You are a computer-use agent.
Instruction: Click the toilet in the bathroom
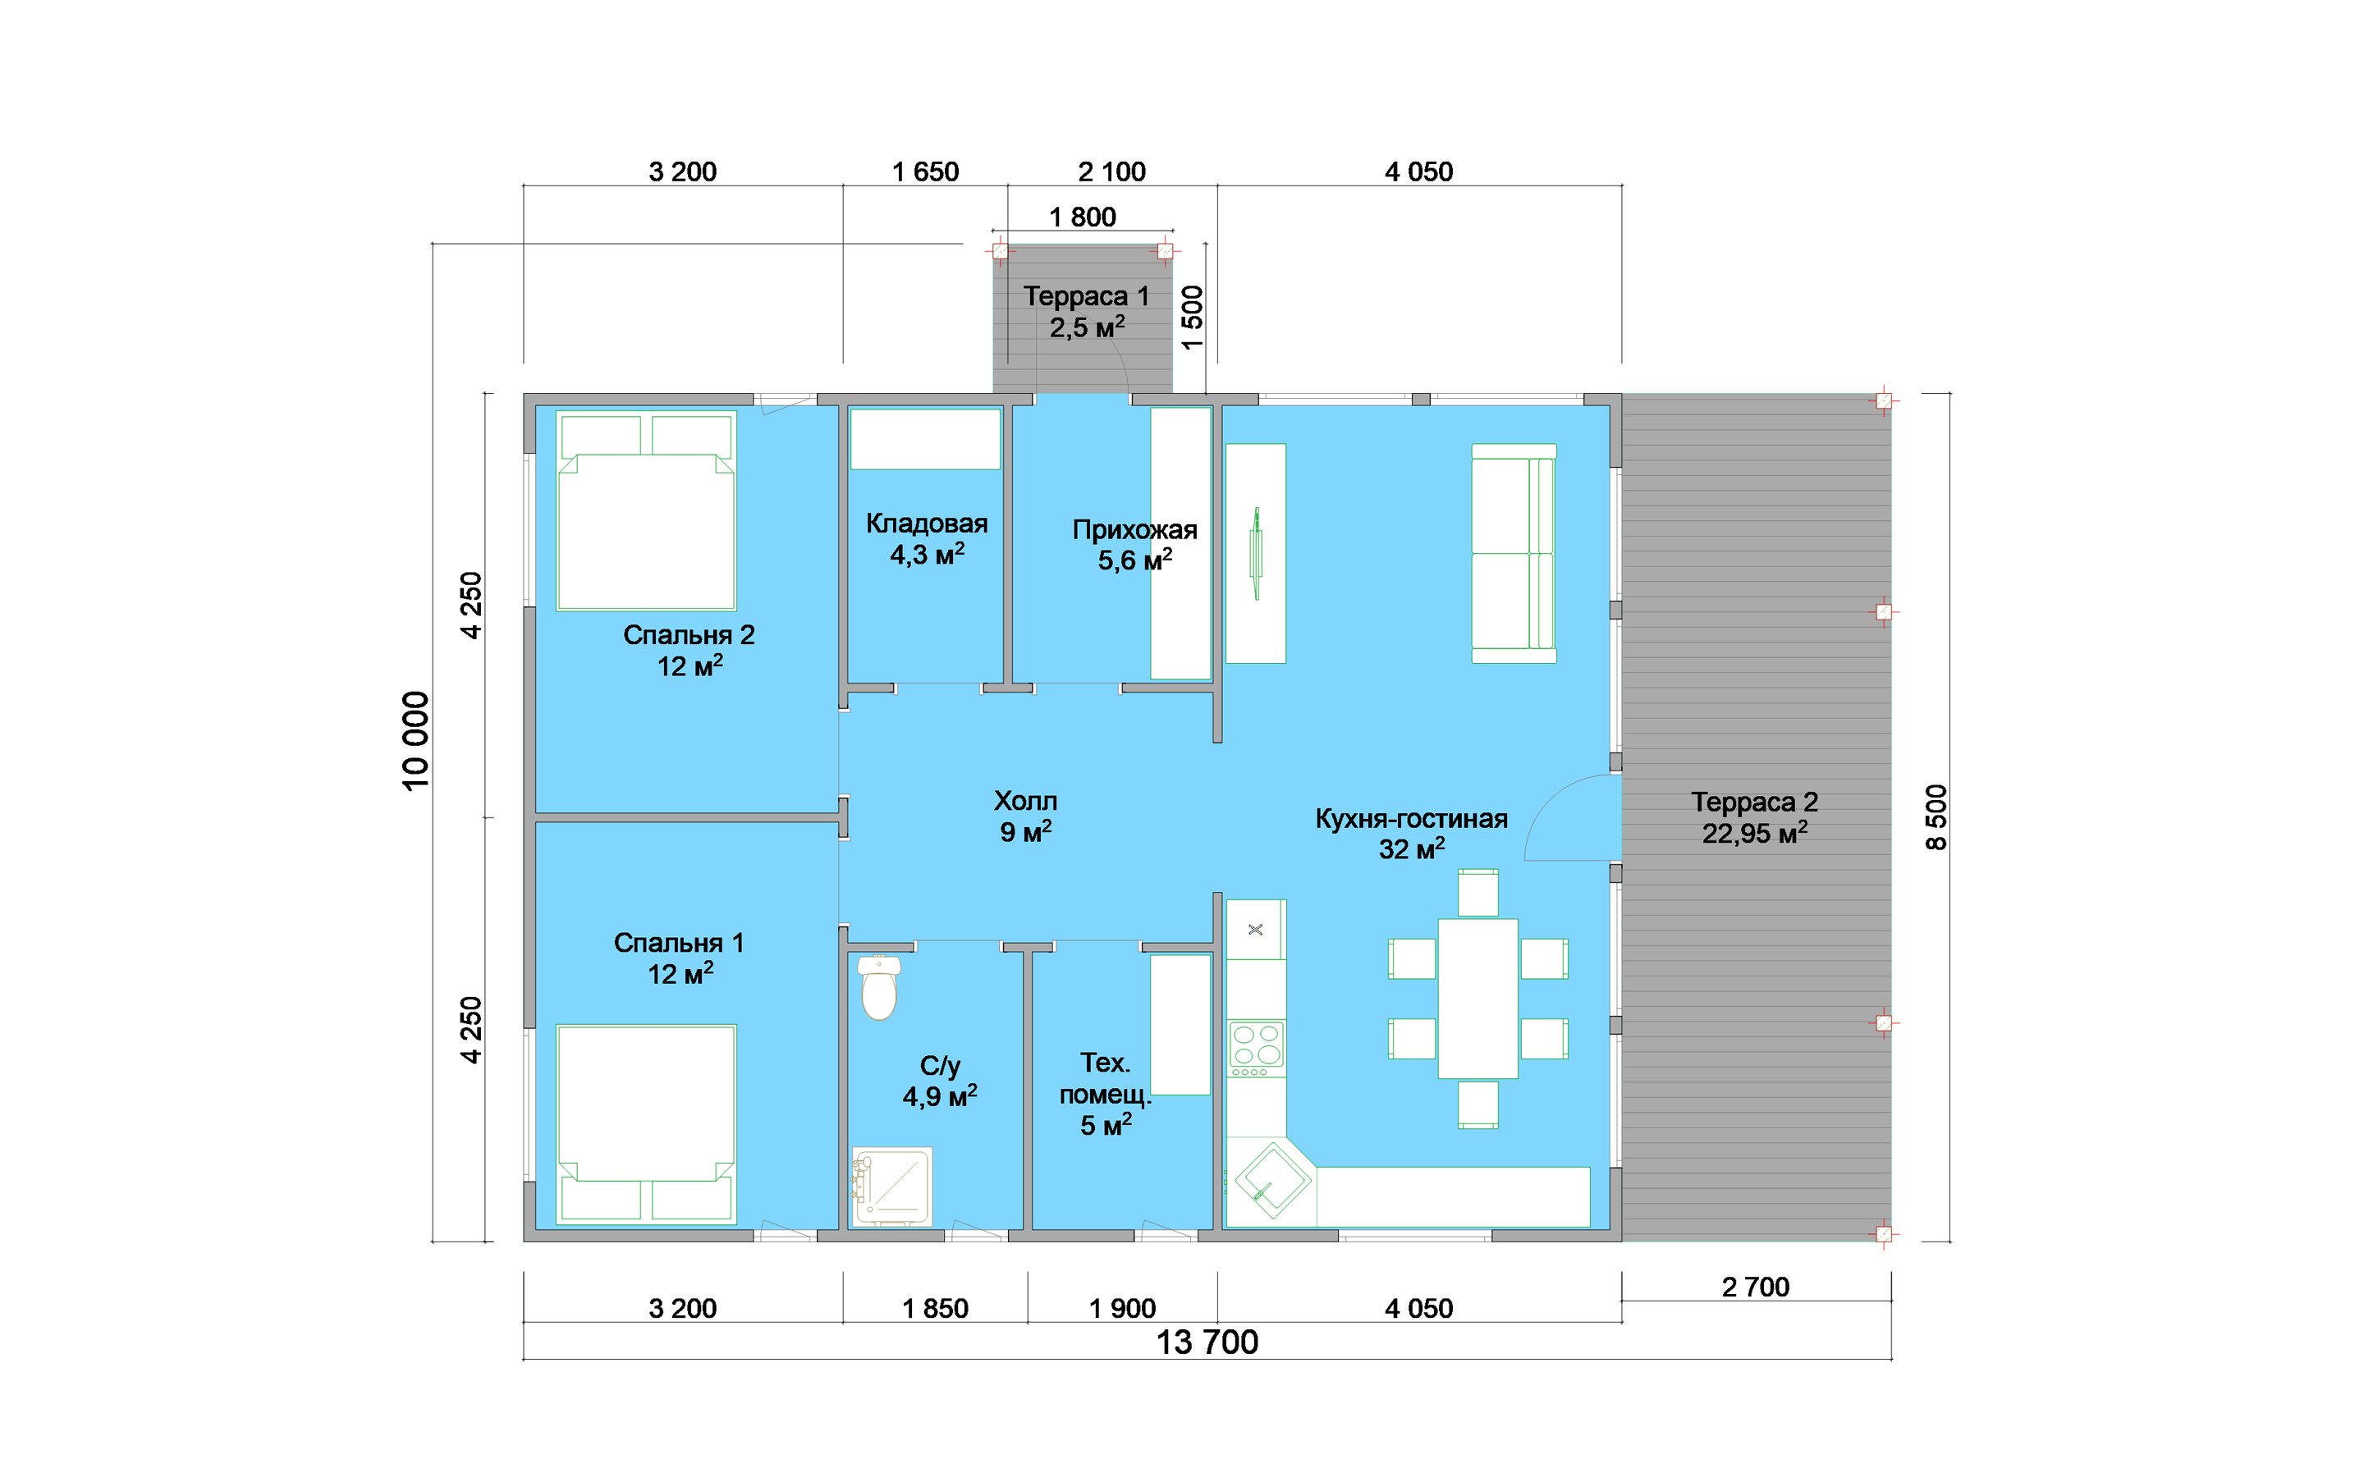tap(878, 989)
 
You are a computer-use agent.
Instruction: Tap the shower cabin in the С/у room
tap(892, 1186)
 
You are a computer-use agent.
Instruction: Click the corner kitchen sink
tap(1271, 1182)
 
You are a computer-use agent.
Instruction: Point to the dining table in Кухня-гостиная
tap(1477, 999)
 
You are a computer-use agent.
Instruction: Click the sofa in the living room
tap(1513, 553)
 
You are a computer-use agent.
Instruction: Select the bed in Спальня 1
tap(646, 1123)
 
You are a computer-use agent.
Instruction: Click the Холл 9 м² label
tap(1024, 816)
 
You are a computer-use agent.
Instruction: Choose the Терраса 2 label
tap(1754, 817)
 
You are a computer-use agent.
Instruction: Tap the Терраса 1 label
tap(1086, 311)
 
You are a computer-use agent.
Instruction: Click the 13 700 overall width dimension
tap(1207, 1342)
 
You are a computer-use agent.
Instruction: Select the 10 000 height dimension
tap(416, 740)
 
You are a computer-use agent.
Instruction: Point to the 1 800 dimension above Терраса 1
tap(1083, 217)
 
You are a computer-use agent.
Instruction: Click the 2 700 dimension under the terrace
tap(1756, 1287)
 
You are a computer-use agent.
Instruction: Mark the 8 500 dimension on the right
tap(1936, 816)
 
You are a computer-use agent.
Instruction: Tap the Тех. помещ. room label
tap(1105, 1093)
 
